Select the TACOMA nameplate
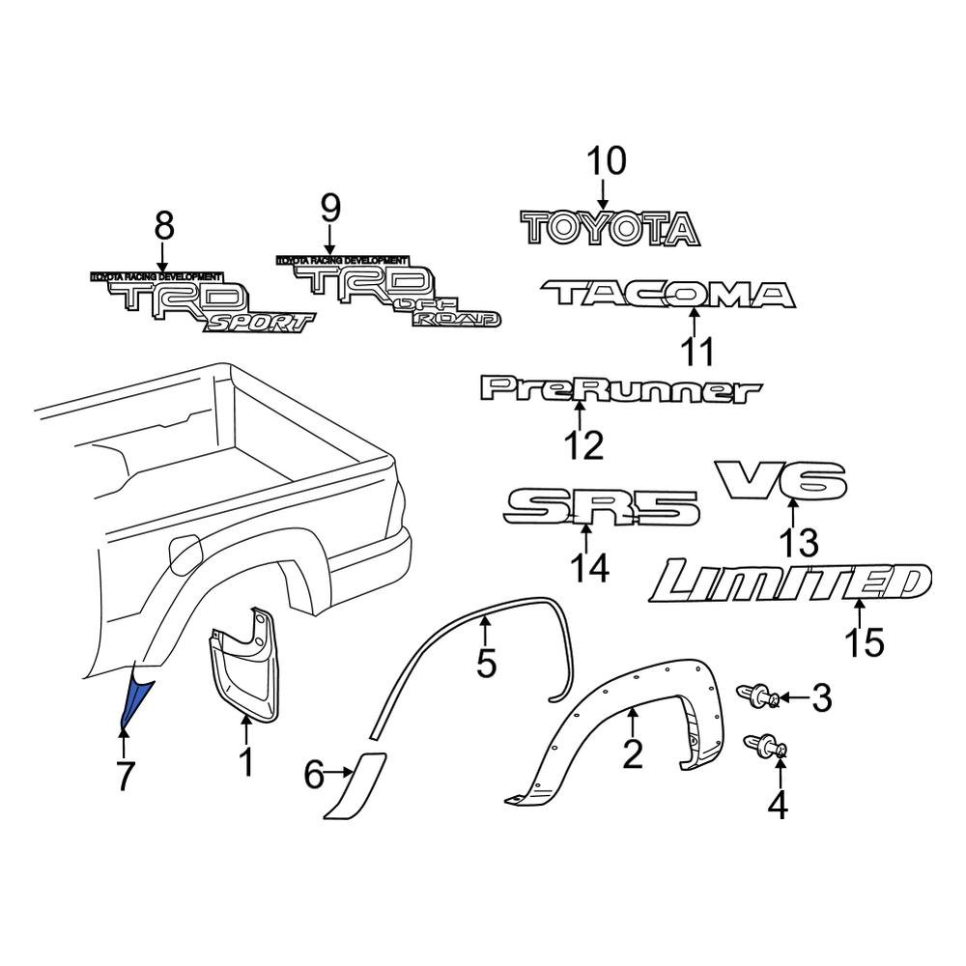coord(668,295)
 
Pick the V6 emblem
coord(781,480)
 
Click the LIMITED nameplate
coord(791,582)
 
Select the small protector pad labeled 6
coord(355,784)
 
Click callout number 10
coord(608,161)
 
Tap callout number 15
coord(864,642)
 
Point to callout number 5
coord(486,664)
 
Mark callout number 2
coord(632,753)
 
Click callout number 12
coord(583,445)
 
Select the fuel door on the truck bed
coord(185,552)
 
